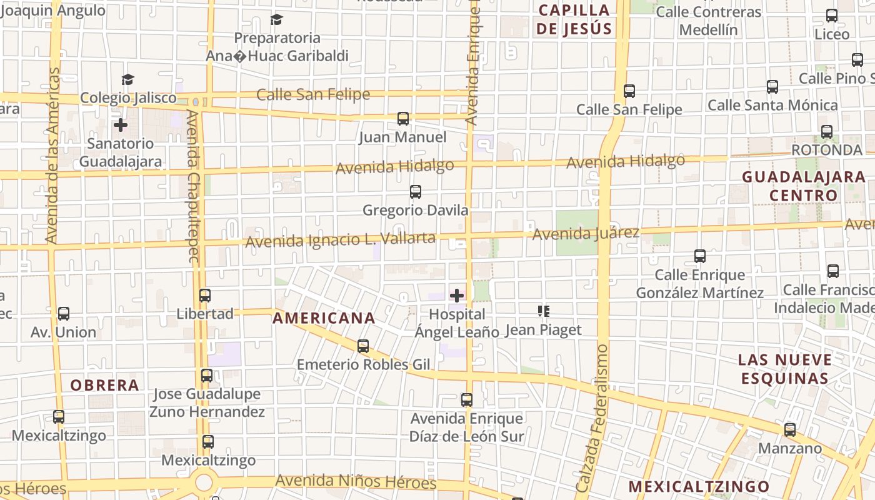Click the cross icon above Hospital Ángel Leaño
click(457, 295)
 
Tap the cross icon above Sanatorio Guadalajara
click(121, 125)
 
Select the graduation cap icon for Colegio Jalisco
click(128, 79)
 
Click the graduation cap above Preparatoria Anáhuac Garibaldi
click(277, 19)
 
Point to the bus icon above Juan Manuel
click(403, 118)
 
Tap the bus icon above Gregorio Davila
click(416, 192)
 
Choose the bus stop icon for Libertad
click(205, 295)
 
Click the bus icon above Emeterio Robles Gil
click(363, 346)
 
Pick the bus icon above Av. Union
click(64, 314)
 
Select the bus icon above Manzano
click(790, 429)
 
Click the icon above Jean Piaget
click(544, 311)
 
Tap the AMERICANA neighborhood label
click(324, 318)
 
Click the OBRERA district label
click(104, 385)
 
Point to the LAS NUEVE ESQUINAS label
click(785, 369)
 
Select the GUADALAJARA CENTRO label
click(803, 186)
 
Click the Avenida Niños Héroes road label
click(356, 482)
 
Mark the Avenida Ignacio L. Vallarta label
click(340, 239)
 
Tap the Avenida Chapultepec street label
click(193, 186)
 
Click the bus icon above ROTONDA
click(827, 132)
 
